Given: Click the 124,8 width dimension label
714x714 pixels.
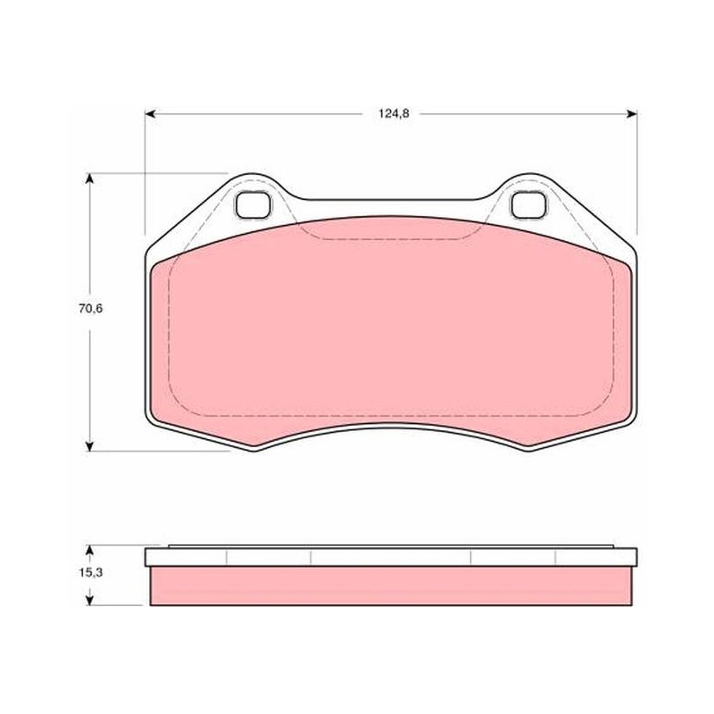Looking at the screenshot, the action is point(394,114).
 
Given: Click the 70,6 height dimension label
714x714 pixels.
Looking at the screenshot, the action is point(91,309).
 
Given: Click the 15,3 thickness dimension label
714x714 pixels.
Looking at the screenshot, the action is point(91,573).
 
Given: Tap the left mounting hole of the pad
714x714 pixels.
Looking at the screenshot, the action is point(253,204).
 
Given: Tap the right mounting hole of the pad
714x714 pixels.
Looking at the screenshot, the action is point(528,204).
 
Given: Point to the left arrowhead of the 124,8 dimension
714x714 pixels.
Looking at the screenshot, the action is point(150,114).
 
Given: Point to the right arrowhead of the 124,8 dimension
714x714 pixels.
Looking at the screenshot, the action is point(632,114).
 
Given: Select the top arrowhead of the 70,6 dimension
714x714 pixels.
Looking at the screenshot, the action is point(90,178).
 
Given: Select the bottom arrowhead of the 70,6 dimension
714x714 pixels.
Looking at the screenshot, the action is point(90,445).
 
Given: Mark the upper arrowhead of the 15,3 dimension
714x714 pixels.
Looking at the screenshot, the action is point(90,551).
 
